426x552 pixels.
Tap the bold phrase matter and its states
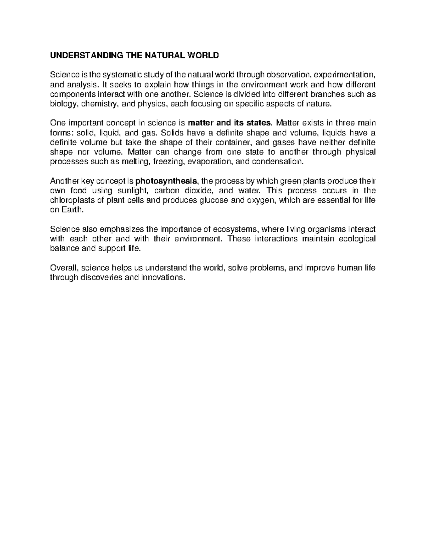point(229,123)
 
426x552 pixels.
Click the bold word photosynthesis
point(166,181)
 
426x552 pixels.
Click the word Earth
point(75,210)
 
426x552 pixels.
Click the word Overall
point(62,268)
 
